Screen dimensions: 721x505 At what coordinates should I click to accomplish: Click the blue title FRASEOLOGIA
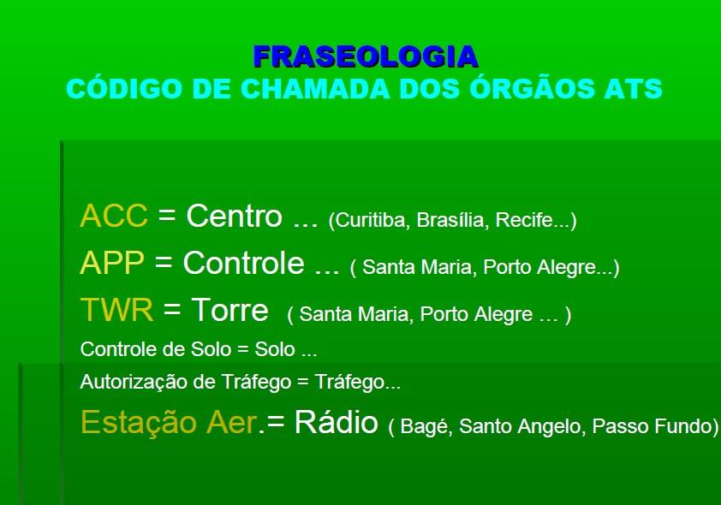366,56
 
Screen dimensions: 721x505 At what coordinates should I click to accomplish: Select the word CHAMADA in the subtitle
315,88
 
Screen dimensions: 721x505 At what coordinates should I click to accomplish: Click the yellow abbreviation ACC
114,216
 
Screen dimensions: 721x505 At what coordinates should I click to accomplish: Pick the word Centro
234,216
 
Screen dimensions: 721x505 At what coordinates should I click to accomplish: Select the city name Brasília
453,220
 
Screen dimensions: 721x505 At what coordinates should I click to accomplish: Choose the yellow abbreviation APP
112,263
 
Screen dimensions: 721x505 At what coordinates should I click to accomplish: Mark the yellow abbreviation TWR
116,309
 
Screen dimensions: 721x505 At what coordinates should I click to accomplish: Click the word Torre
229,309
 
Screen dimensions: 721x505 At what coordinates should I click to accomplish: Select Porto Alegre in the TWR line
476,314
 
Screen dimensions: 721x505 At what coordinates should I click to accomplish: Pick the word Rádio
337,422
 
